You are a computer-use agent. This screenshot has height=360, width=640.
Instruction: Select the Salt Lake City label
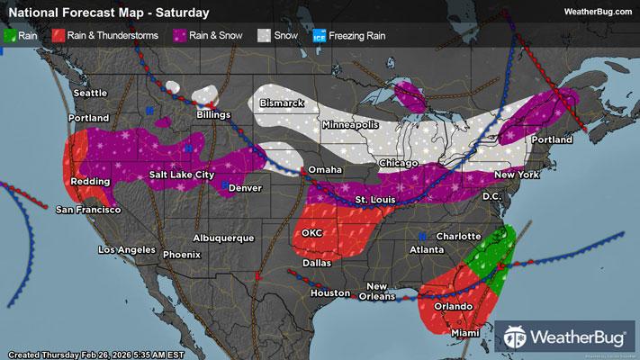coord(182,174)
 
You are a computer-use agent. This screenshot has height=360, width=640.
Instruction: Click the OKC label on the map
coord(311,232)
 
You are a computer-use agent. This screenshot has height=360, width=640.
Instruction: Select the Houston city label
coord(329,293)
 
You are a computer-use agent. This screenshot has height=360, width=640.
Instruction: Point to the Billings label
coord(214,115)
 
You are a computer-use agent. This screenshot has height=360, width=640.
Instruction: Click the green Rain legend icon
coord(11,37)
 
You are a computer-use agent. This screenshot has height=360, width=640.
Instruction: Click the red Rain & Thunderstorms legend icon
coord(59,37)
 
